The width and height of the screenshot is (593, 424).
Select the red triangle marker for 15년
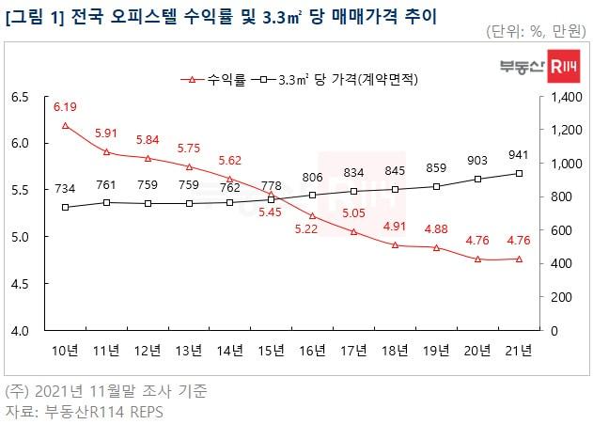tap(271, 195)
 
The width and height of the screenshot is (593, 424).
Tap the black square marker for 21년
tap(519, 173)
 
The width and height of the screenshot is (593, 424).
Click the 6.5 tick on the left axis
tap(20, 97)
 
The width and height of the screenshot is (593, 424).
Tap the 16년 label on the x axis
tap(312, 352)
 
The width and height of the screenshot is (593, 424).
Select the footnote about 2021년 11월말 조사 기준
tap(107, 389)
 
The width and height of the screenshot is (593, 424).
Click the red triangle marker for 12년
tap(148, 158)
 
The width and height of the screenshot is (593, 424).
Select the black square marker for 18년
tap(395, 189)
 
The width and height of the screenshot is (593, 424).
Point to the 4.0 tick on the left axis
tap(20, 330)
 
